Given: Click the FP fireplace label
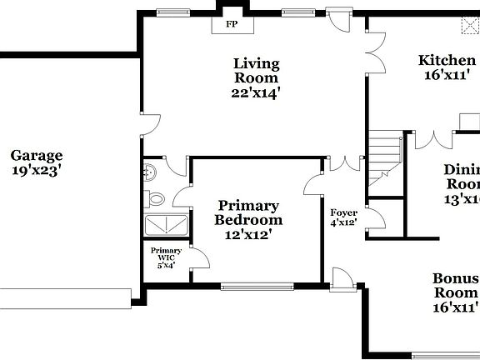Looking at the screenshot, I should pyautogui.click(x=231, y=24).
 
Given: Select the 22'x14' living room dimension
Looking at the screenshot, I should pyautogui.click(x=256, y=93).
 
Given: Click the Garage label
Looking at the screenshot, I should pyautogui.click(x=37, y=155).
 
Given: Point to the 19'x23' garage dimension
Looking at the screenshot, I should pyautogui.click(x=37, y=170).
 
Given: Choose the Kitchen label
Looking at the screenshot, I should pyautogui.click(x=447, y=60).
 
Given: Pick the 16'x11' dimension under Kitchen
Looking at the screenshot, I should pyautogui.click(x=447, y=74).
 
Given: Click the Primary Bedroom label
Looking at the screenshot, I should pyautogui.click(x=248, y=212).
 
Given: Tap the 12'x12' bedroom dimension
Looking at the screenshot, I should pyautogui.click(x=248, y=235).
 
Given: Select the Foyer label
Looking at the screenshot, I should pyautogui.click(x=343, y=213).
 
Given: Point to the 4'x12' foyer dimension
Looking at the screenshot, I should pyautogui.click(x=343, y=222).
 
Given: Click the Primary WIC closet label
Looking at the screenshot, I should pyautogui.click(x=166, y=254).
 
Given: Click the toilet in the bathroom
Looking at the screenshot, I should pyautogui.click(x=155, y=199).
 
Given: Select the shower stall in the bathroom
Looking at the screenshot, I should pyautogui.click(x=167, y=225).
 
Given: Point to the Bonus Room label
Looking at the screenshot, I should pyautogui.click(x=455, y=286).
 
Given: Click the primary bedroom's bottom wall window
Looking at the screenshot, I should pyautogui.click(x=257, y=287).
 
